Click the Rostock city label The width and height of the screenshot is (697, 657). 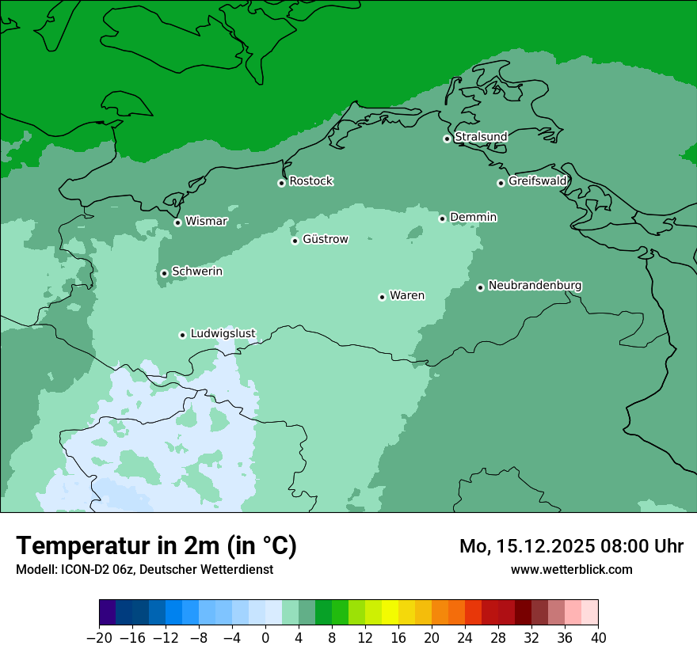(310, 181)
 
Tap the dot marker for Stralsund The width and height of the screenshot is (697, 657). (447, 139)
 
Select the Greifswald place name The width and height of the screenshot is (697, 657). (537, 181)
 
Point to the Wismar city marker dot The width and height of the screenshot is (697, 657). (177, 222)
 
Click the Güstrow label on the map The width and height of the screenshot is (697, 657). (325, 239)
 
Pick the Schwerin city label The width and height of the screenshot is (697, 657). (197, 272)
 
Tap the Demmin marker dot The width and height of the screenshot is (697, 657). (442, 218)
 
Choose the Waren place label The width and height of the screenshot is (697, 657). (406, 296)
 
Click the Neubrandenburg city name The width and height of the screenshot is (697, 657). (535, 286)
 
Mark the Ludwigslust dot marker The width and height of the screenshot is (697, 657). (182, 335)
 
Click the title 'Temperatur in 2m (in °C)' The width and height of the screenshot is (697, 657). (157, 546)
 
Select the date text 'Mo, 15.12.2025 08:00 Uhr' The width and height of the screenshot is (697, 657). (571, 546)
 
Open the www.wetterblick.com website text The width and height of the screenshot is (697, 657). (571, 569)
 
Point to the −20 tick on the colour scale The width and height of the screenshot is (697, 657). (99, 638)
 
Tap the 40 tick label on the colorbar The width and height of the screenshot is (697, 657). (598, 638)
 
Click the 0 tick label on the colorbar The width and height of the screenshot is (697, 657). (265, 638)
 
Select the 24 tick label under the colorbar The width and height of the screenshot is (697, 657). (465, 638)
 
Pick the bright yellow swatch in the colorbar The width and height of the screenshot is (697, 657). (390, 613)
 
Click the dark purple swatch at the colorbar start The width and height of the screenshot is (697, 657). (108, 613)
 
